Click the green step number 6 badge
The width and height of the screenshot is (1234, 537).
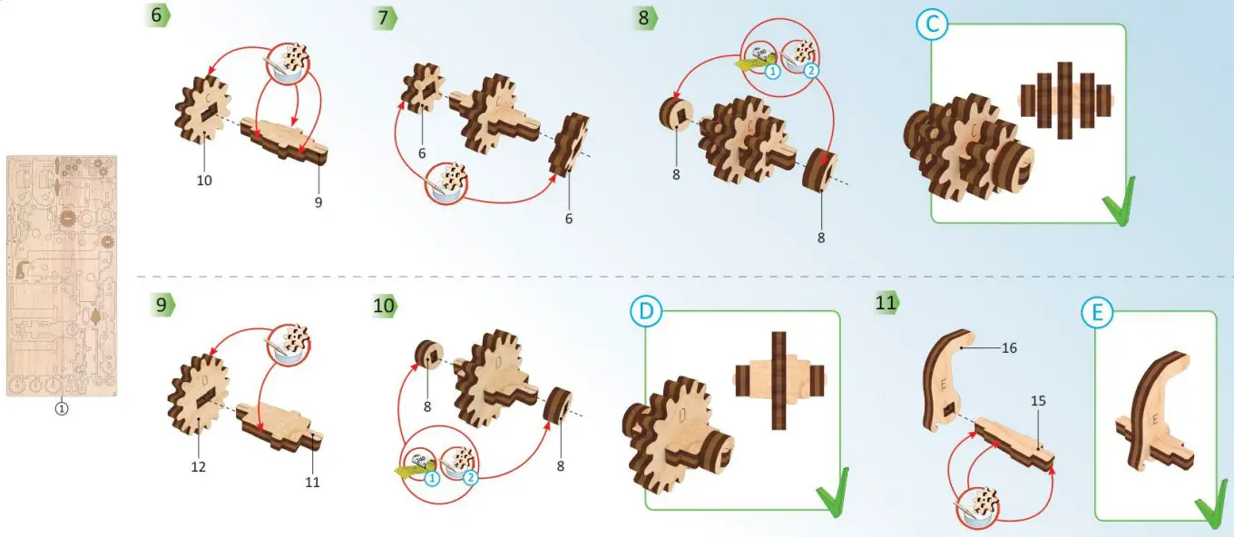(x=157, y=15)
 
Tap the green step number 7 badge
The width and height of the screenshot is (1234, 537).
(x=385, y=17)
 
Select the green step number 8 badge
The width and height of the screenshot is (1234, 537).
(x=645, y=17)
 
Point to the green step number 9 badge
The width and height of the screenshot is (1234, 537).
(x=162, y=305)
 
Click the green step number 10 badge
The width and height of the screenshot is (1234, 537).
(x=385, y=306)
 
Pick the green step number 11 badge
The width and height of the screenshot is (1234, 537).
(x=887, y=302)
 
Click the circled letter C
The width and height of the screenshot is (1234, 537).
(x=932, y=24)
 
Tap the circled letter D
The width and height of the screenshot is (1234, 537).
(x=646, y=311)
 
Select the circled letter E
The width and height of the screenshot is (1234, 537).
(x=1097, y=312)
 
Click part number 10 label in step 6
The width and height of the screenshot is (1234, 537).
(x=204, y=181)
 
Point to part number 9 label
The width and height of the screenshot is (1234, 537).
(x=318, y=202)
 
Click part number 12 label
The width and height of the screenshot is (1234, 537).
(x=199, y=466)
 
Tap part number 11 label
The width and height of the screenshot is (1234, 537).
(x=312, y=482)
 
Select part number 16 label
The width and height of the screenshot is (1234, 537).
(x=1009, y=347)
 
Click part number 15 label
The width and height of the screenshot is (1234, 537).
(x=1038, y=400)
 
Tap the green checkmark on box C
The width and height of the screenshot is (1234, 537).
(x=1119, y=201)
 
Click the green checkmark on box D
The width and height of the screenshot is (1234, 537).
(x=833, y=493)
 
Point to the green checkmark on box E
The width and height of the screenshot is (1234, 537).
(x=1212, y=504)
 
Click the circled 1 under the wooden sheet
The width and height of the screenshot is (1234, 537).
(x=62, y=409)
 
